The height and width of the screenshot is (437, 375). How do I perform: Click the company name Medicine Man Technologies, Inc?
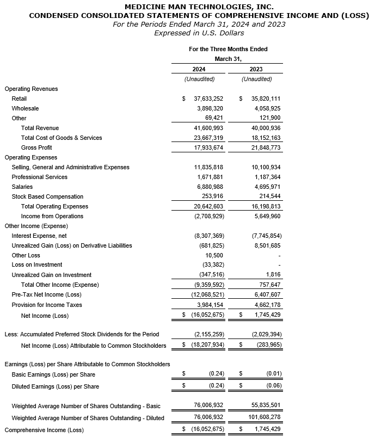point(187,6)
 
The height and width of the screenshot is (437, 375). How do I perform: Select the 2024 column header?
point(199,69)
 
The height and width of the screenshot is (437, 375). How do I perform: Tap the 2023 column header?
point(256,69)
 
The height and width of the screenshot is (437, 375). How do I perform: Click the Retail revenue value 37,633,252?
point(205,99)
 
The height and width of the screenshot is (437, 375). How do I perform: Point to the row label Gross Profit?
point(36,147)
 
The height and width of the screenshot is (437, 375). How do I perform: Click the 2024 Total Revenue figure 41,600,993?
point(205,128)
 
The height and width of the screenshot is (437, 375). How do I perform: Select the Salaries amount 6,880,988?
point(207,187)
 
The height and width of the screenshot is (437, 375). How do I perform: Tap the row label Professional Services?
point(39,177)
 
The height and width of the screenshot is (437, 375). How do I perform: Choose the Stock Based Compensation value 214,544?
point(267,196)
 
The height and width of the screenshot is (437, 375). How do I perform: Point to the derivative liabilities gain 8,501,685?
point(265,245)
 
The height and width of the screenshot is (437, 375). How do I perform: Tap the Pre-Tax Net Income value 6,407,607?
point(265,295)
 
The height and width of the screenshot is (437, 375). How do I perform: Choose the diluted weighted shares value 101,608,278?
point(262,418)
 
